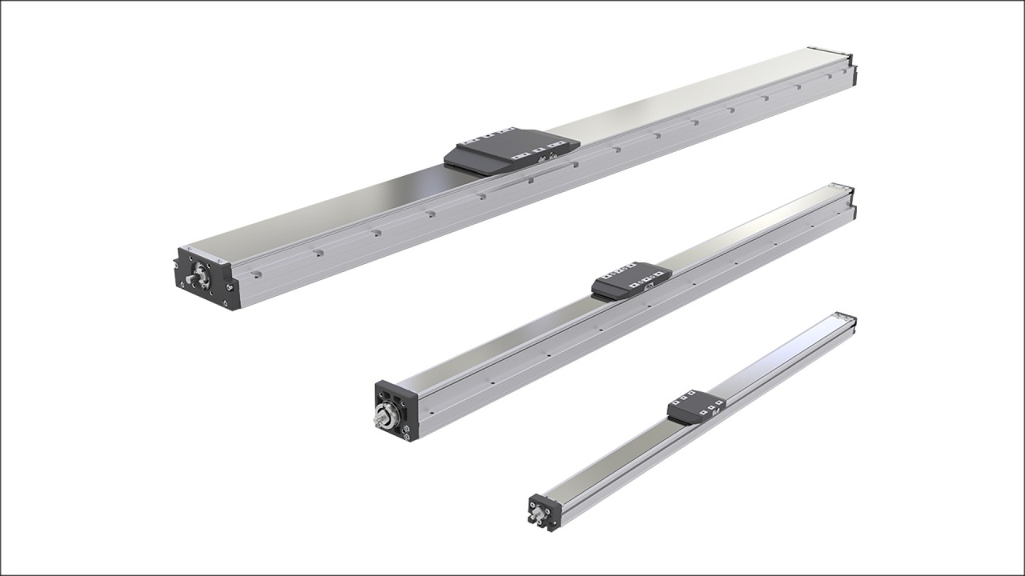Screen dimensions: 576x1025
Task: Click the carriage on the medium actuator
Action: click(630, 280)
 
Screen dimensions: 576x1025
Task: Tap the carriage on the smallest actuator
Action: click(695, 406)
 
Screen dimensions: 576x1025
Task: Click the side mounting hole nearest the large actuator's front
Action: click(256, 274)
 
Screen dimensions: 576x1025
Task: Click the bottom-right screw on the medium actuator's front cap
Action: click(408, 435)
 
